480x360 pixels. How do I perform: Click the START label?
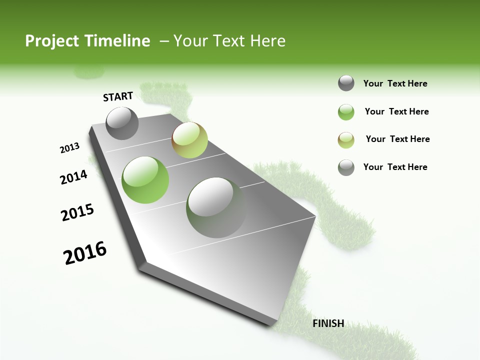click(118, 96)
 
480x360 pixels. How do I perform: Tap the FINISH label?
click(328, 323)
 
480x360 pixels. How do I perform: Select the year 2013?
click(69, 148)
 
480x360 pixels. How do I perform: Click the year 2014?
click(73, 177)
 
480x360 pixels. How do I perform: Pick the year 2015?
click(77, 212)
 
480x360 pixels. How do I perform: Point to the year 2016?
click(85, 253)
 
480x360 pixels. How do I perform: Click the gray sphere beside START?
click(122, 123)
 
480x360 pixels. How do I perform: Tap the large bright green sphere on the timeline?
click(145, 179)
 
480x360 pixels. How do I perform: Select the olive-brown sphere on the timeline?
click(189, 140)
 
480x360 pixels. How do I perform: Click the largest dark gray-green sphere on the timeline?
click(216, 207)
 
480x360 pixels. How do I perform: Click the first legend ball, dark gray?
click(346, 83)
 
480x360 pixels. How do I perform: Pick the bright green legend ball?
click(346, 112)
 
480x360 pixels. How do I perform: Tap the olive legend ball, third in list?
click(346, 139)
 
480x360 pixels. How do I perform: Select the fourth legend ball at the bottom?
click(346, 167)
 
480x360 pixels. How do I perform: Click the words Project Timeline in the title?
click(87, 41)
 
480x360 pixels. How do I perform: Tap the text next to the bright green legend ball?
click(396, 111)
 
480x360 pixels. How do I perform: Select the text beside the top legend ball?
click(395, 83)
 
